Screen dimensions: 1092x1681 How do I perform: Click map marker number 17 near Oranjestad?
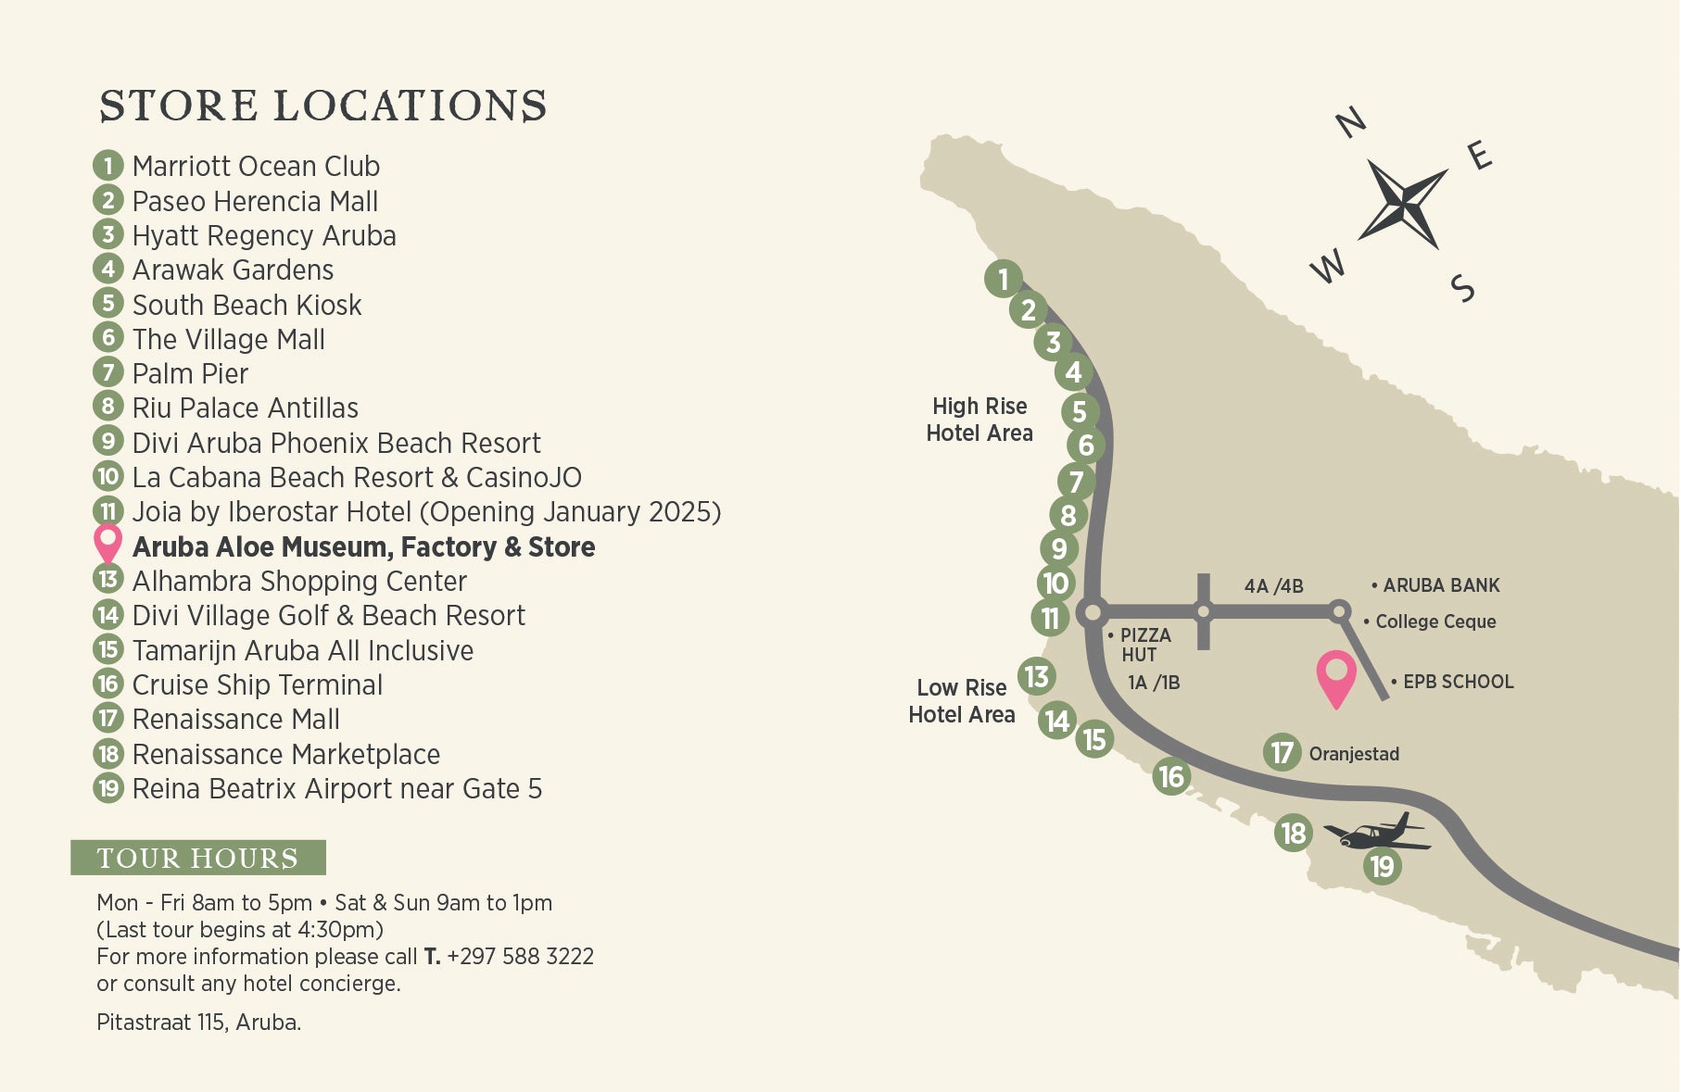[x=1282, y=752]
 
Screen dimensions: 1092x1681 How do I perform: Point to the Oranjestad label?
[x=1353, y=754]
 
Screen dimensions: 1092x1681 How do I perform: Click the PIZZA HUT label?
[x=1144, y=645]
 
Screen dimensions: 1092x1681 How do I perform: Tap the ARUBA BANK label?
[x=1440, y=585]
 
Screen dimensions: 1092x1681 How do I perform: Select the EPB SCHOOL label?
[x=1457, y=682]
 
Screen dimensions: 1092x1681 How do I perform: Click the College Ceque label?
[x=1435, y=621]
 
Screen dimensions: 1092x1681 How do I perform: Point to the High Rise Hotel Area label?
[x=980, y=420]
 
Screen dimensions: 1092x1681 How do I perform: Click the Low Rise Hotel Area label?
[x=962, y=701]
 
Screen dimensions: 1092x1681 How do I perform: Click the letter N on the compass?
[x=1351, y=122]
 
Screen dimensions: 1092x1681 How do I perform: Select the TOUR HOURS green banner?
[x=198, y=858]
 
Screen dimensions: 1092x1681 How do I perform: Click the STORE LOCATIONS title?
[x=322, y=106]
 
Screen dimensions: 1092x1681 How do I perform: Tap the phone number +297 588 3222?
[x=520, y=957]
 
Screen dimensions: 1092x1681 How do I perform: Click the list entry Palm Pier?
[x=190, y=374]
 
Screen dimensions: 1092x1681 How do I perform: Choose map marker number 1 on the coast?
[x=1003, y=278]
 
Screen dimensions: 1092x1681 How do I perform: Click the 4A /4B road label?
[x=1273, y=586]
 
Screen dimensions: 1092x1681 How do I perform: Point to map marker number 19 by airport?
[x=1382, y=866]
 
